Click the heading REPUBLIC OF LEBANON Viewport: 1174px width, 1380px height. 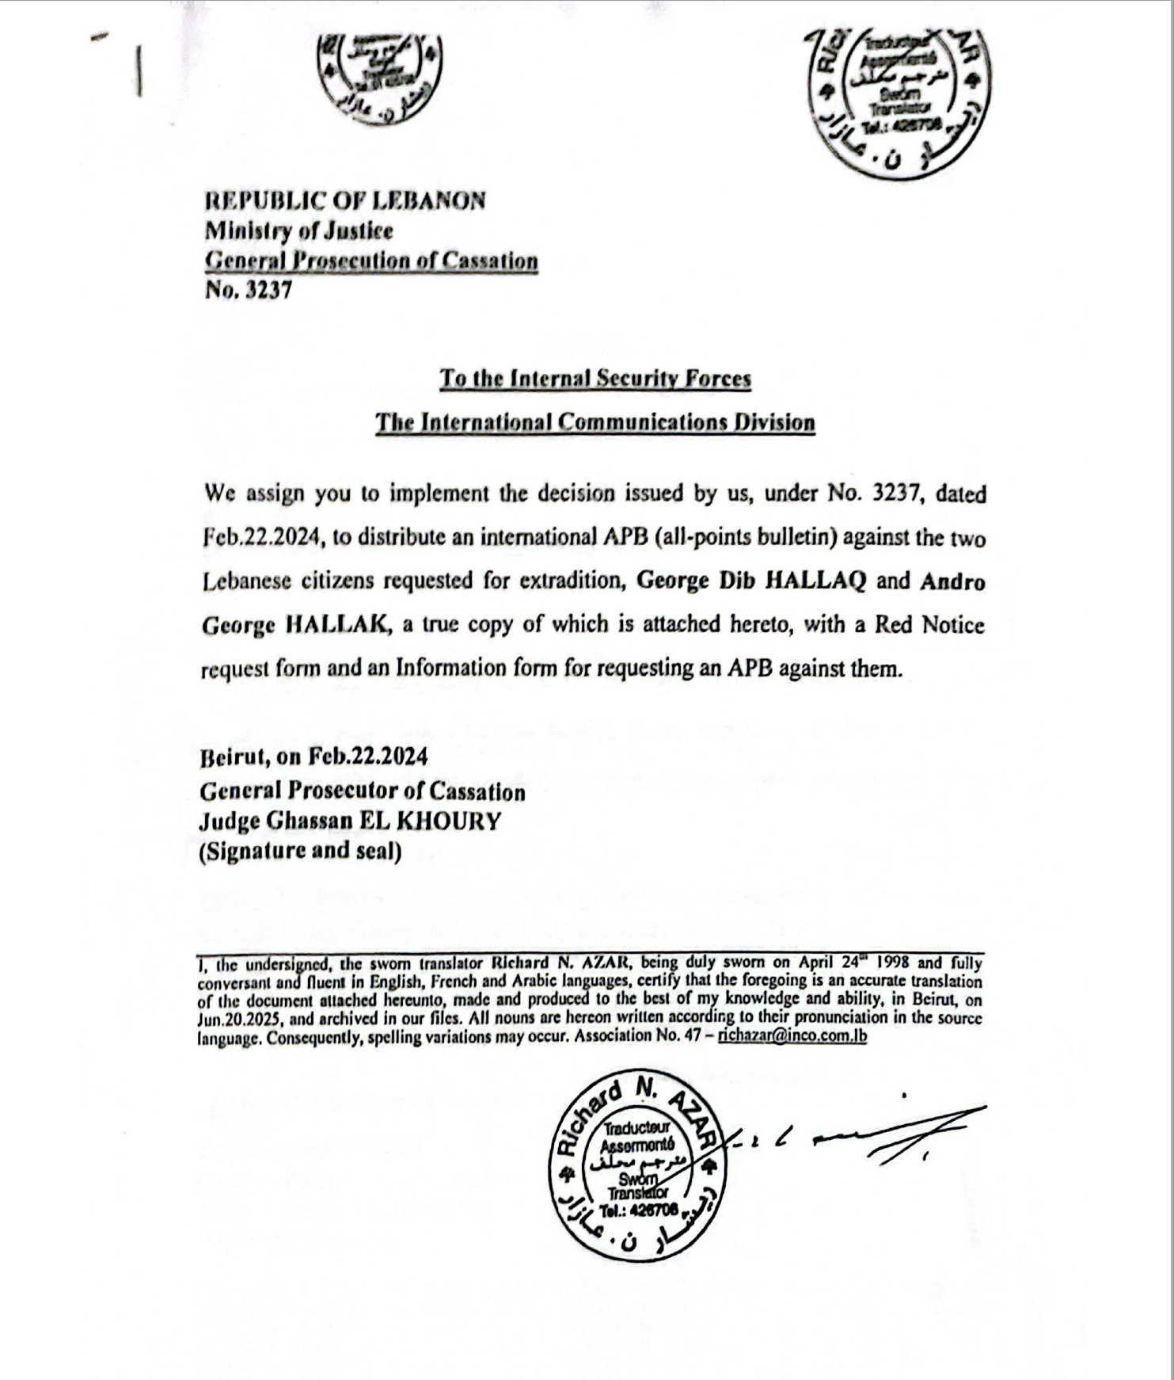click(344, 200)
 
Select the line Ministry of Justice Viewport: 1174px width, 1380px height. click(298, 231)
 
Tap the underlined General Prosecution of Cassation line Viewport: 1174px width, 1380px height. click(371, 261)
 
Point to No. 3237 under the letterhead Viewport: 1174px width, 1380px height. click(248, 290)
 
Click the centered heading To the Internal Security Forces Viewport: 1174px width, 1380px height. click(595, 379)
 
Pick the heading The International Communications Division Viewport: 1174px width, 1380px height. click(595, 422)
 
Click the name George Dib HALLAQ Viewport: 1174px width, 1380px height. click(751, 581)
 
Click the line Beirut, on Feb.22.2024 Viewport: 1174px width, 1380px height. click(313, 757)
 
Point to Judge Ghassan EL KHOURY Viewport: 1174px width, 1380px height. click(349, 821)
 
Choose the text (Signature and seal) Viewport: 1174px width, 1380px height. click(300, 851)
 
